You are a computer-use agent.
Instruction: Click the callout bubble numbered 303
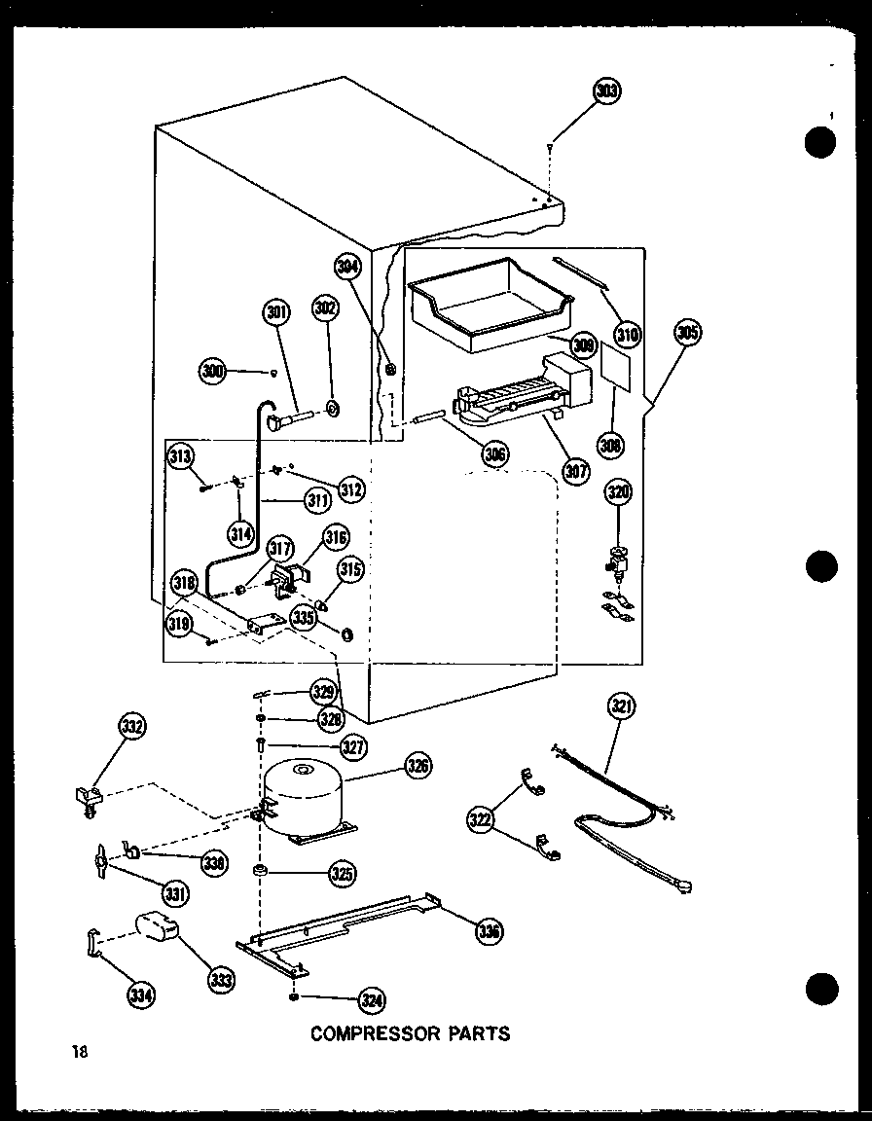606,91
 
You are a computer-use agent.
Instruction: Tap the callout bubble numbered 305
687,333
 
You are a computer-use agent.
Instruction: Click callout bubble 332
131,725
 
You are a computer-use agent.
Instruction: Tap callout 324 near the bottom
370,999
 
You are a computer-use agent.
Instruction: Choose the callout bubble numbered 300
212,370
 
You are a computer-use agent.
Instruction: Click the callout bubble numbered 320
619,492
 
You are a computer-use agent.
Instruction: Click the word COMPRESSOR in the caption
374,1033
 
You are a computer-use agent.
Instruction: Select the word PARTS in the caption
478,1033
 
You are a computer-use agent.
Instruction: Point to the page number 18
79,1051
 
